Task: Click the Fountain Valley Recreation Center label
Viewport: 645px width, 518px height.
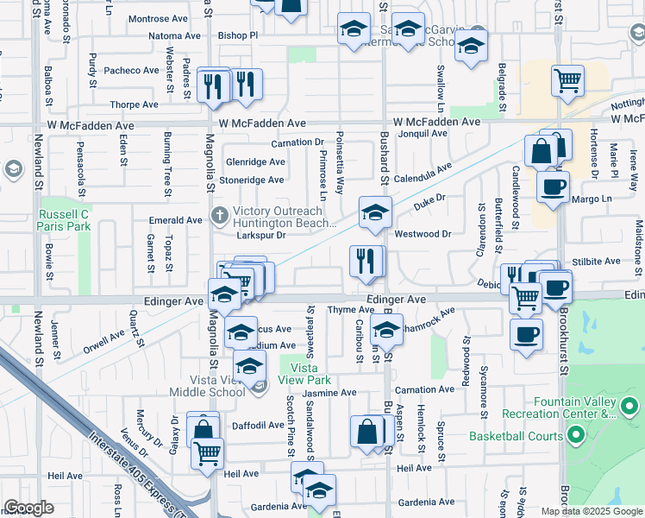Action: [573, 407]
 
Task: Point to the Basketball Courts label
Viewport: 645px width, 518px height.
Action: [516, 436]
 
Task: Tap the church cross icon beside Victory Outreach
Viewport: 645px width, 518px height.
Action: [220, 213]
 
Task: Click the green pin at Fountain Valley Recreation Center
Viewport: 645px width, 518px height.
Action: [629, 405]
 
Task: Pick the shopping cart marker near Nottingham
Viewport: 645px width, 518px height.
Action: [568, 81]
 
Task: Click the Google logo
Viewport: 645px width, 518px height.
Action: [29, 508]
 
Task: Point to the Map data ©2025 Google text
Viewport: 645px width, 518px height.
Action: [592, 511]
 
